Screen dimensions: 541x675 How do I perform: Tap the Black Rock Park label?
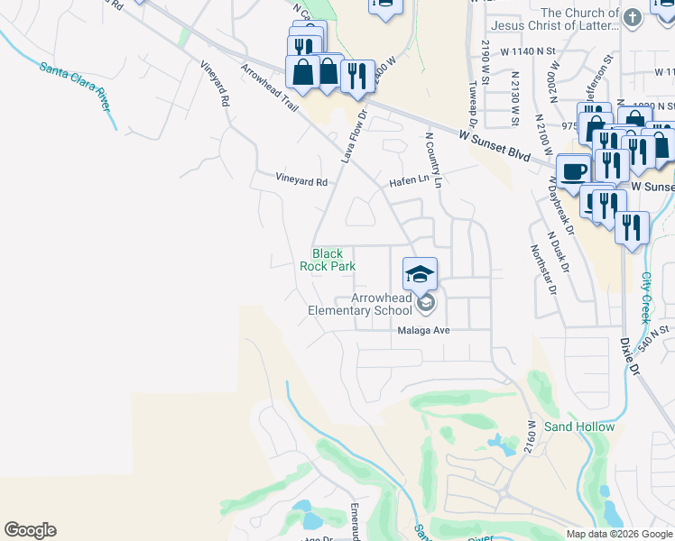(328, 260)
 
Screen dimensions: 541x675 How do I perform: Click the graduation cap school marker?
(420, 274)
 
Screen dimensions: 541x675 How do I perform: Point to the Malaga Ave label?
(423, 330)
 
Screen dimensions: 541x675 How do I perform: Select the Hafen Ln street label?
(409, 180)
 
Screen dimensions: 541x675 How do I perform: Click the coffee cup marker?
(574, 170)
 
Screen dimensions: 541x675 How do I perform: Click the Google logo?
(30, 530)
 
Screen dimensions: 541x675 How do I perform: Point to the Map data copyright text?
(619, 534)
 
